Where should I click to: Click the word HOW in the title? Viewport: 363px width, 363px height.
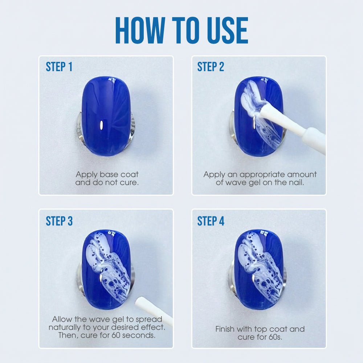[x=140, y=30]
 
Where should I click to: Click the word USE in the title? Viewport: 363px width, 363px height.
[x=225, y=30]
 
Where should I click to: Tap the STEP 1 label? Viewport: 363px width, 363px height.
[x=59, y=67]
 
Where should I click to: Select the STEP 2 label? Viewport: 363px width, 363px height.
[x=211, y=67]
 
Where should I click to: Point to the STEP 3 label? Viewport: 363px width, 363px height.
[x=59, y=221]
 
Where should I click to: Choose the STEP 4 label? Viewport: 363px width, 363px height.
[x=211, y=221]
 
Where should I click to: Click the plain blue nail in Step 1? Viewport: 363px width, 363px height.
[x=106, y=116]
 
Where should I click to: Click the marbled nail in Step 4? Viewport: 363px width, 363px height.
[x=259, y=270]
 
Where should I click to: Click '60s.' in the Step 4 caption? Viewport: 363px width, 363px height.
[x=275, y=337]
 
